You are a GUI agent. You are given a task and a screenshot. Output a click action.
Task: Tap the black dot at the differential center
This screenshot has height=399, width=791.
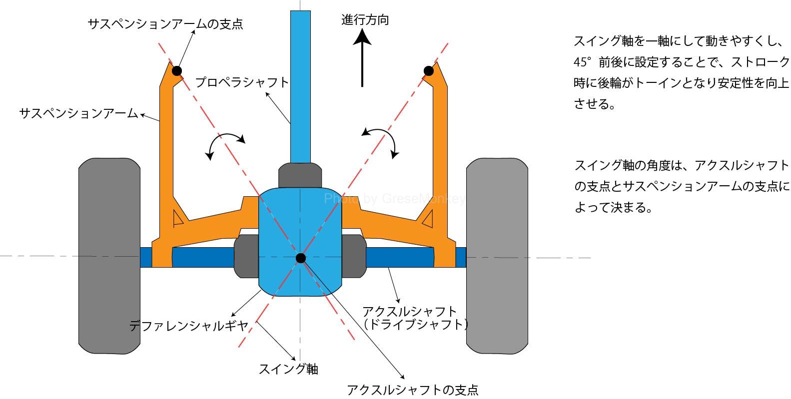pos(300,258)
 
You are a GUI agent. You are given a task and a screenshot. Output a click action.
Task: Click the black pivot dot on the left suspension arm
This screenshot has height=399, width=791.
pos(177,71)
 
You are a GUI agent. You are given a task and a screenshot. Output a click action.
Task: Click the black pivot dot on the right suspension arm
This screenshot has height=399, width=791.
pos(428,71)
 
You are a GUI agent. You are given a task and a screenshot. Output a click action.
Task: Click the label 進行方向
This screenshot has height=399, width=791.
pos(365,20)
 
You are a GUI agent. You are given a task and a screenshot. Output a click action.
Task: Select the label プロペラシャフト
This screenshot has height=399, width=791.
pos(242,82)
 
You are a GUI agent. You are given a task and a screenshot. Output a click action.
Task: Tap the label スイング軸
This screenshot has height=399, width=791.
pos(288,369)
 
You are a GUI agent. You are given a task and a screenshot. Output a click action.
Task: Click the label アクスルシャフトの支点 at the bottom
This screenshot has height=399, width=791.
pos(412,390)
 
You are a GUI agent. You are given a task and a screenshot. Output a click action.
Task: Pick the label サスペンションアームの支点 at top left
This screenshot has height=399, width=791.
pos(165,24)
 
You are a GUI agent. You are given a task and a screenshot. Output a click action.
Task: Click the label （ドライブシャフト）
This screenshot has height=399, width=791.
pos(415,325)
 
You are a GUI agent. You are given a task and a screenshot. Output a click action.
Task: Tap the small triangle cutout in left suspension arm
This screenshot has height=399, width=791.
pos(177,218)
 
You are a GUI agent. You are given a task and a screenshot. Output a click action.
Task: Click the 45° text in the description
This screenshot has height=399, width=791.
pos(583,62)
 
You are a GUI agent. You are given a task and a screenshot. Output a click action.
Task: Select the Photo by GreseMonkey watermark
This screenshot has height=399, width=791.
pos(394,199)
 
